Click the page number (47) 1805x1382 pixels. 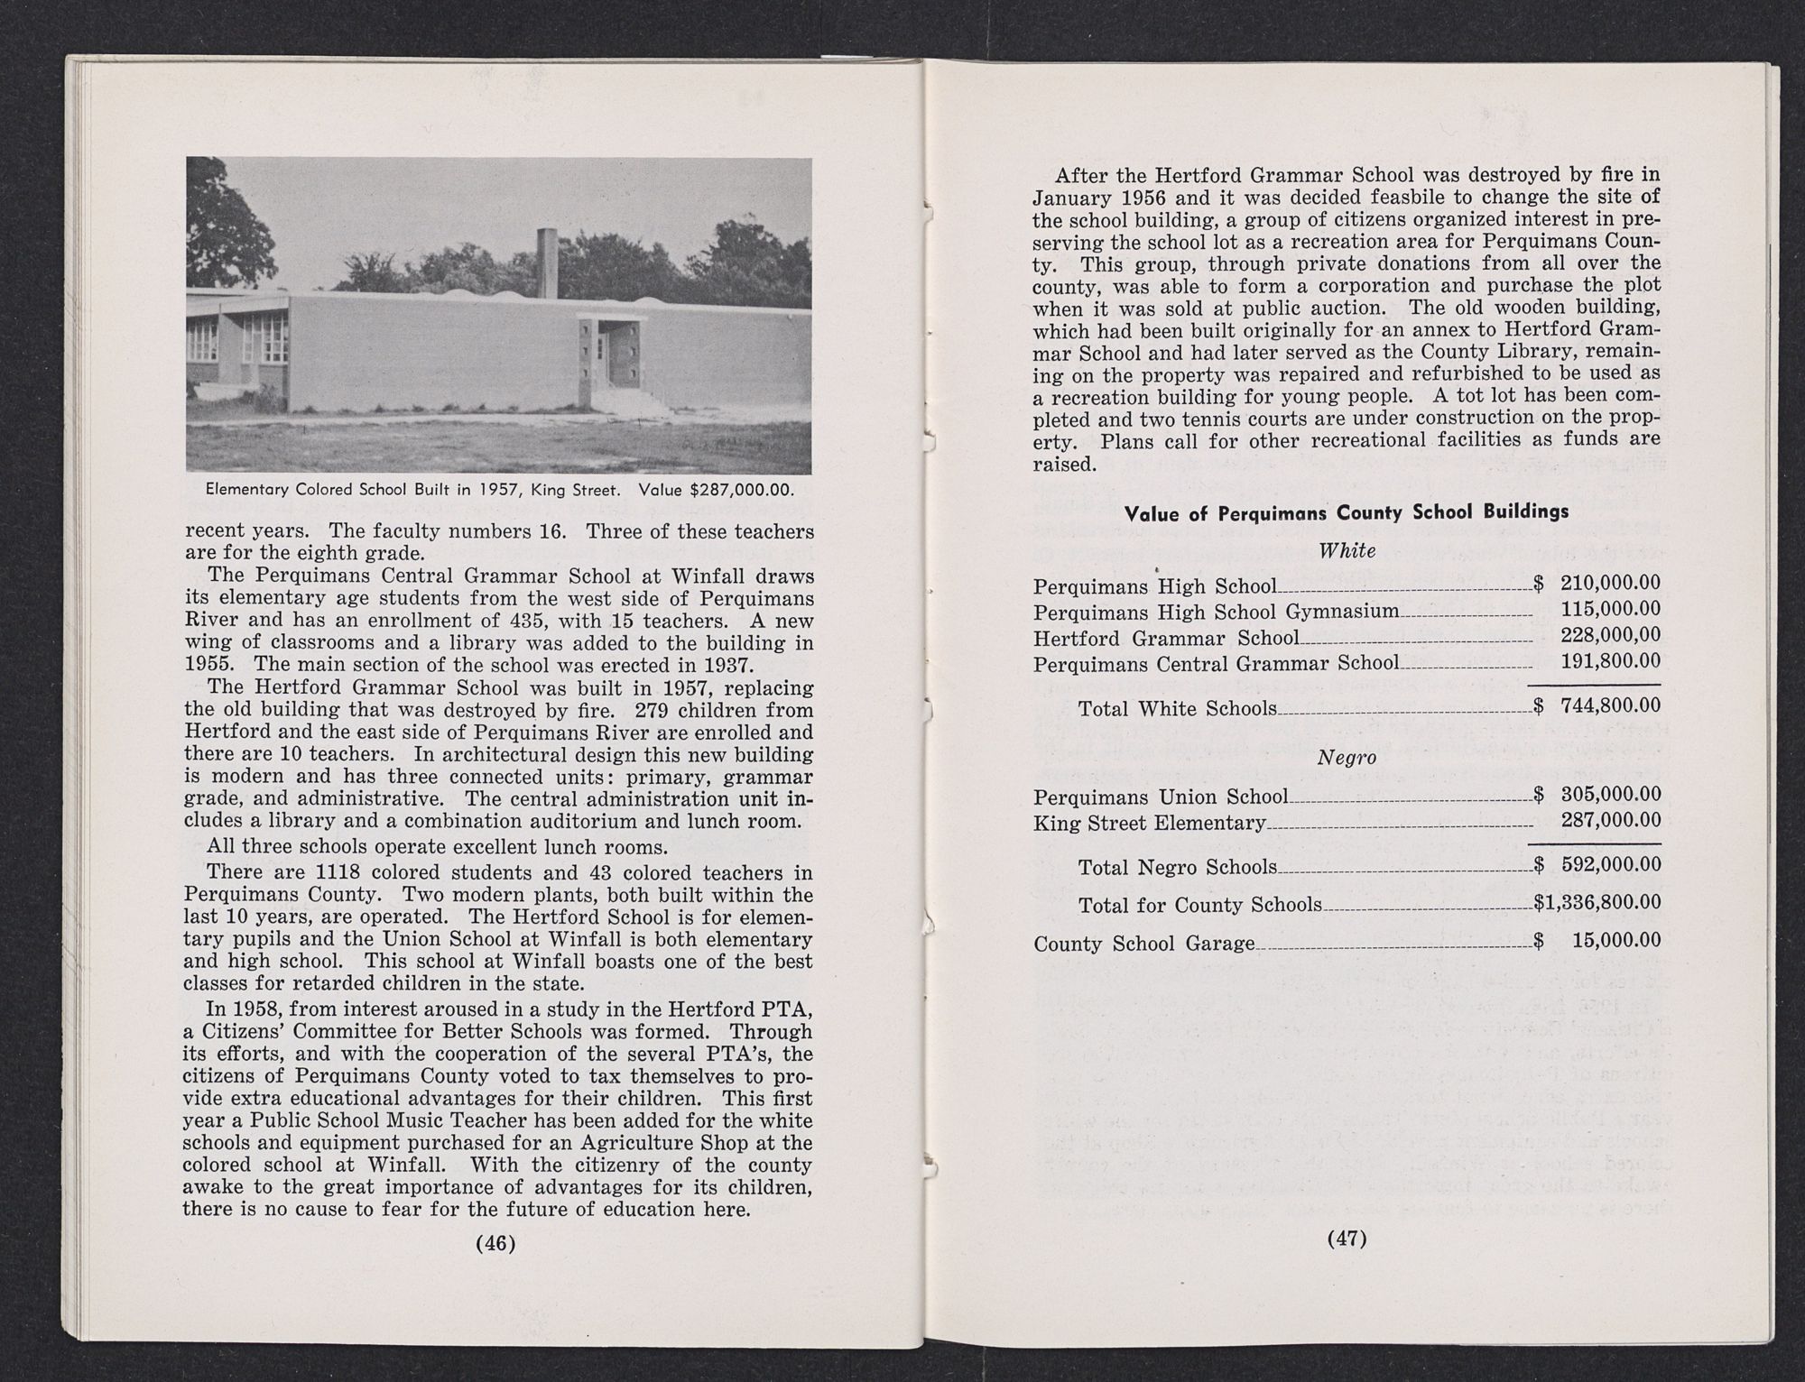[1347, 1238]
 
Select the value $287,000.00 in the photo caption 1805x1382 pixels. [742, 491]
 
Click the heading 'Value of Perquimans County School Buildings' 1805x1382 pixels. [1346, 511]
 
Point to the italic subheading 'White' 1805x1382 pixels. [1347, 550]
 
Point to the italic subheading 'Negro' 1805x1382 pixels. [1347, 758]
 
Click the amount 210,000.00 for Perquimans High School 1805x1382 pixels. [1610, 584]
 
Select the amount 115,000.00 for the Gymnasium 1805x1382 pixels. [1610, 610]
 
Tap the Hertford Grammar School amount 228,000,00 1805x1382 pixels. [1610, 636]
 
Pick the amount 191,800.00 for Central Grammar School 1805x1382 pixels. [1610, 661]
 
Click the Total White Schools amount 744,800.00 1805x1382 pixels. [1610, 705]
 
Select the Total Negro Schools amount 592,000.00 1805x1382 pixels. [1610, 864]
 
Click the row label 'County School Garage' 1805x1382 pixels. [1143, 944]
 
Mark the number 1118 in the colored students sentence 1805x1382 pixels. [341, 872]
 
